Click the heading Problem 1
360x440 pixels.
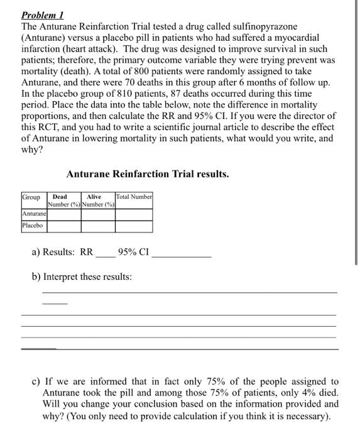pos(43,14)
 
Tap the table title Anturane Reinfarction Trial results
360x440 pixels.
pos(147,173)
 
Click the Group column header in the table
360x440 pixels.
pos(31,197)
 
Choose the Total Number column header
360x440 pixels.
pos(134,197)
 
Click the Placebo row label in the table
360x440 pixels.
pos(33,225)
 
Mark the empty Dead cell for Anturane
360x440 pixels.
pos(63,214)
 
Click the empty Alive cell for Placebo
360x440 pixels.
pos(97,225)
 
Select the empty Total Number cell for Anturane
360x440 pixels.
pos(134,214)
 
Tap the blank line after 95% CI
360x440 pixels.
pos(182,256)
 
